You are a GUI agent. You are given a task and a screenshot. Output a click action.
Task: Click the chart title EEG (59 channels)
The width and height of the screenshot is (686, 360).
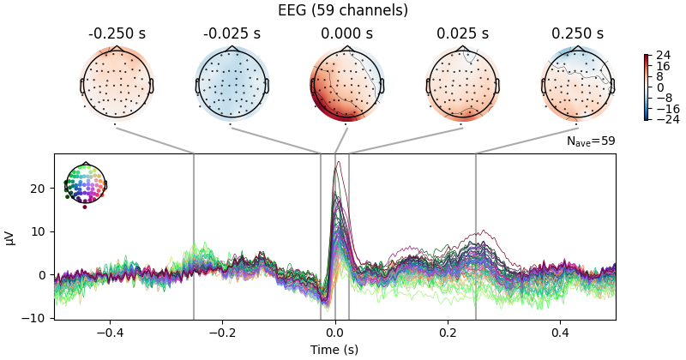[x=343, y=10]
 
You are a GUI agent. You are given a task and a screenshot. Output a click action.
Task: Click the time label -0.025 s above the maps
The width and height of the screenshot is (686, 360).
[x=232, y=34]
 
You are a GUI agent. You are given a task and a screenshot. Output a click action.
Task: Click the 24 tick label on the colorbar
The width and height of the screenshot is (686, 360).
[x=664, y=56]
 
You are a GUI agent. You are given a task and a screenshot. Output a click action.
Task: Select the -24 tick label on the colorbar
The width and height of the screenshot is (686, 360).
[x=666, y=119]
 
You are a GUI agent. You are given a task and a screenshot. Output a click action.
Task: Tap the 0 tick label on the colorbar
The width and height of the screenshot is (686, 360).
[x=660, y=87]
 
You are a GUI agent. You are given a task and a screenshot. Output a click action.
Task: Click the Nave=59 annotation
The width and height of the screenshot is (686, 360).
[x=591, y=141]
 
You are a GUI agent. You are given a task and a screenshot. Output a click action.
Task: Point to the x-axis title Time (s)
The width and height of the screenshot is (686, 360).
[x=334, y=350]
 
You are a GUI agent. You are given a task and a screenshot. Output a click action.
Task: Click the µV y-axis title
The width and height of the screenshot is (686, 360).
[x=10, y=237]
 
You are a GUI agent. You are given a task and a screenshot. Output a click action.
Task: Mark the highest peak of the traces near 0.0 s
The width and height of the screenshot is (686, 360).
[x=338, y=162]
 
